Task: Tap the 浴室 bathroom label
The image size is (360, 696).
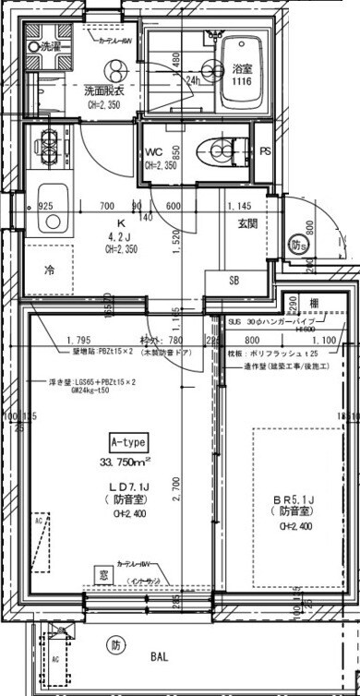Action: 242,69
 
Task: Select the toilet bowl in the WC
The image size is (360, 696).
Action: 222,150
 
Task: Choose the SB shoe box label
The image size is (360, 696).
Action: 234,281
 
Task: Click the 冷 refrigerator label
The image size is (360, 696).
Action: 49,270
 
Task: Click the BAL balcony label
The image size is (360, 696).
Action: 160,657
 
